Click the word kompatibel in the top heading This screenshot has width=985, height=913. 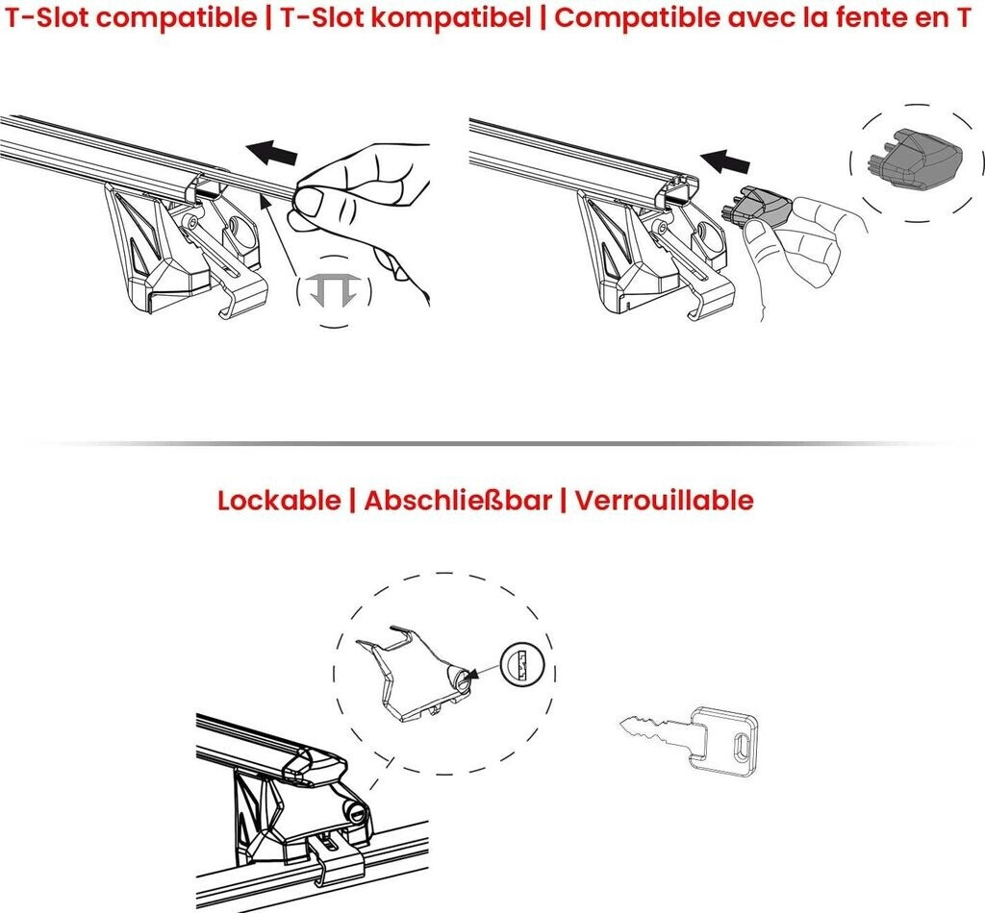click(x=451, y=17)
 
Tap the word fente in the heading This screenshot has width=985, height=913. click(x=873, y=17)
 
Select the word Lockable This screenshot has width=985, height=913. click(x=279, y=500)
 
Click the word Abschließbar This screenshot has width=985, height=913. click(x=458, y=500)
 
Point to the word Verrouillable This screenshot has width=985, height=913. click(x=664, y=500)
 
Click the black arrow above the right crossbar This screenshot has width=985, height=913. click(x=724, y=161)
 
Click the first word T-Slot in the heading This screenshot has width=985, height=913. click(x=48, y=17)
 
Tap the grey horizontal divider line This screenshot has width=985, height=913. click(x=492, y=444)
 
